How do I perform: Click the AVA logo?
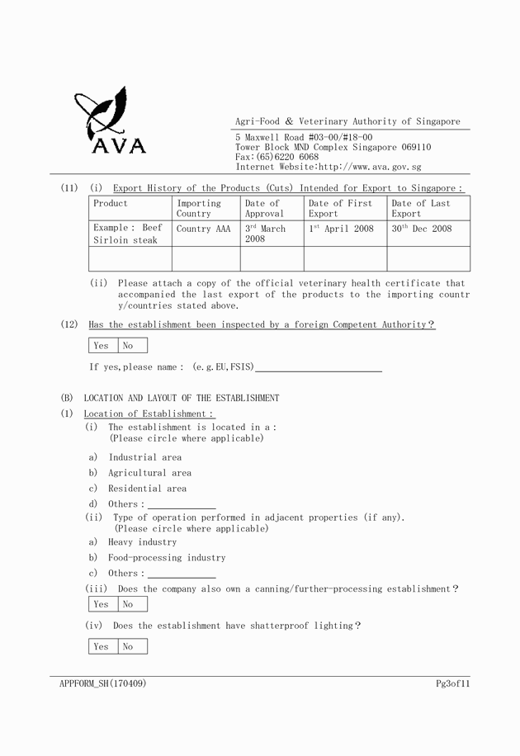110,120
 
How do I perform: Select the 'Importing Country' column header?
199,208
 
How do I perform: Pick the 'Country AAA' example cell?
203,229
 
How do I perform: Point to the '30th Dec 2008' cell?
422,229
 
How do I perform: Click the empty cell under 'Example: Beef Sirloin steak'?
130,259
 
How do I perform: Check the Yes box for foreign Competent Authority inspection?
102,346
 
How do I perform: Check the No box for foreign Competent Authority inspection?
129,346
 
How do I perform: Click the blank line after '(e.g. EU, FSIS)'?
319,367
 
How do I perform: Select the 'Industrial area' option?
144,457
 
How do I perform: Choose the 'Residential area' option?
147,489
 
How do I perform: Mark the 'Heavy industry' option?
142,542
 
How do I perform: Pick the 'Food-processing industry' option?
167,558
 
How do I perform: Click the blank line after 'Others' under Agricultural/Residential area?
182,504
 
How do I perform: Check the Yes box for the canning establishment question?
102,604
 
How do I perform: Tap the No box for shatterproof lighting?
129,647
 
